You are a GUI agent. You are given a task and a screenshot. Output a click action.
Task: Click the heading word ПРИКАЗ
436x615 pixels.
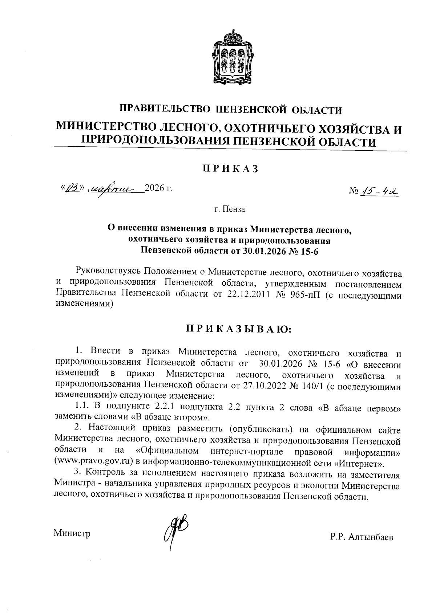click(x=230, y=169)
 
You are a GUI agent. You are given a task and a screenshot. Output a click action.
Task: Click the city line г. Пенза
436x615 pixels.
click(x=230, y=209)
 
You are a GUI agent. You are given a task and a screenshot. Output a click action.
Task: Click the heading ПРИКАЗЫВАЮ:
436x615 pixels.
click(x=239, y=329)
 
